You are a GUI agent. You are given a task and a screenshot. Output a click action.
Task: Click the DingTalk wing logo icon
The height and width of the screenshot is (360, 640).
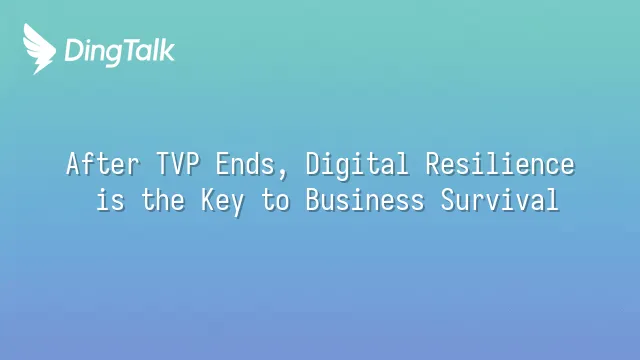pyautogui.click(x=39, y=49)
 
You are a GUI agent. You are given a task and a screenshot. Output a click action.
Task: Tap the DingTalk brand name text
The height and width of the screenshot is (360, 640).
pyautogui.click(x=120, y=52)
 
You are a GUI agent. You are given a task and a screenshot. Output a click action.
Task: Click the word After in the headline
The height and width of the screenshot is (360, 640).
pyautogui.click(x=103, y=164)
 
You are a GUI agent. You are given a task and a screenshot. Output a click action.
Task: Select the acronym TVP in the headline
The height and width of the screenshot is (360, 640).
pyautogui.click(x=178, y=163)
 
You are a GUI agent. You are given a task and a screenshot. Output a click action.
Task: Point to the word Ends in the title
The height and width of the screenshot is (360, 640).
pyautogui.click(x=245, y=164)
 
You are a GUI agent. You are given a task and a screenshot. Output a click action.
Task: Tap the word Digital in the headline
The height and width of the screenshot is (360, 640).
pyautogui.click(x=357, y=165)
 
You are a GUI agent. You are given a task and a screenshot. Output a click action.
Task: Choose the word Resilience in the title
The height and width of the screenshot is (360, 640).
pyautogui.click(x=500, y=164)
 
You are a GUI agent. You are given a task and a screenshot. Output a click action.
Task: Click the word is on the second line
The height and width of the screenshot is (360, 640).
pyautogui.click(x=110, y=200)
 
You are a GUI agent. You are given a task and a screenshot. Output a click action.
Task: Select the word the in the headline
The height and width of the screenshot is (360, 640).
pyautogui.click(x=162, y=200)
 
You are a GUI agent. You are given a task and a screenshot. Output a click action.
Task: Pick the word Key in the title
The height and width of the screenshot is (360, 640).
pyautogui.click(x=222, y=201)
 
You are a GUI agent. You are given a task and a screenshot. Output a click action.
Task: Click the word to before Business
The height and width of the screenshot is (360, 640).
pyautogui.click(x=275, y=200)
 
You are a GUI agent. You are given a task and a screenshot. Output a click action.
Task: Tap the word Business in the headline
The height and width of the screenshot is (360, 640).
pyautogui.click(x=365, y=200)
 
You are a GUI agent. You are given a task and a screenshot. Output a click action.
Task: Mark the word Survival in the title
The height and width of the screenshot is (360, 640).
pyautogui.click(x=500, y=200)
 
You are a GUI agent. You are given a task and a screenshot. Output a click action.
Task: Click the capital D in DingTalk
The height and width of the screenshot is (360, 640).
pyautogui.click(x=75, y=50)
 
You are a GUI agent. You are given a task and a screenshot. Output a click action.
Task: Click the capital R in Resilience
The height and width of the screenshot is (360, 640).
pyautogui.click(x=434, y=164)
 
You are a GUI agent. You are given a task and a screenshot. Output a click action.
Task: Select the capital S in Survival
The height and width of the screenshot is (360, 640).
pyautogui.click(x=449, y=200)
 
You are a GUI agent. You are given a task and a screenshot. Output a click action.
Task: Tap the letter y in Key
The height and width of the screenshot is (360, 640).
pyautogui.click(x=237, y=205)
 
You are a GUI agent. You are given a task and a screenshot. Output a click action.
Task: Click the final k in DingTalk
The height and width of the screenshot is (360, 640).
pyautogui.click(x=167, y=50)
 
